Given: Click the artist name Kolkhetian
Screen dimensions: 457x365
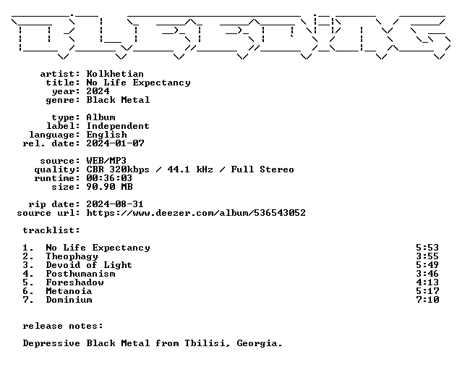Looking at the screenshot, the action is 115,74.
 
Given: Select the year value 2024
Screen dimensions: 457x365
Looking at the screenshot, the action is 98,91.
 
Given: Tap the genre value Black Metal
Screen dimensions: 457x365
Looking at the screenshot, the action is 118,100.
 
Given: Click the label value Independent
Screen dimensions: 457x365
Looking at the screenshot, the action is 118,126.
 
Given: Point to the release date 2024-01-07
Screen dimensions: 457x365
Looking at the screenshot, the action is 115,143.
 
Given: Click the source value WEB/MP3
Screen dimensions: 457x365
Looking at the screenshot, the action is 106,161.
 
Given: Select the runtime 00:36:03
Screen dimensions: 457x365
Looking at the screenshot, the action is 109,178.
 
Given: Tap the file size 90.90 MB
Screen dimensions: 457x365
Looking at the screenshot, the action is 110,187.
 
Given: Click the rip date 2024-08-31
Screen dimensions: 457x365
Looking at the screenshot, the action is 115,204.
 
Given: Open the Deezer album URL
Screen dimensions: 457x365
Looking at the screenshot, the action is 196,213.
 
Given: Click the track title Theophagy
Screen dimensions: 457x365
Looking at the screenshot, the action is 72,256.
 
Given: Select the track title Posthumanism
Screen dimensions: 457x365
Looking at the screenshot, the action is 81,274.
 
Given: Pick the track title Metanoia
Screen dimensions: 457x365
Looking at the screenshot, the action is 69,291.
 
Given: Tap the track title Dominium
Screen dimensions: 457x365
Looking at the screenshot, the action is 69,300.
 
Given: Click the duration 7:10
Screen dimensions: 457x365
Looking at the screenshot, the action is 427,300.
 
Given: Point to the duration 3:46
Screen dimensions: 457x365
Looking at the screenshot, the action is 427,274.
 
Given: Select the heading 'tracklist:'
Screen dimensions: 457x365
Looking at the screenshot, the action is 51,230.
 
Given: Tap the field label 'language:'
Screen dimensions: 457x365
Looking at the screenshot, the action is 54,135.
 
